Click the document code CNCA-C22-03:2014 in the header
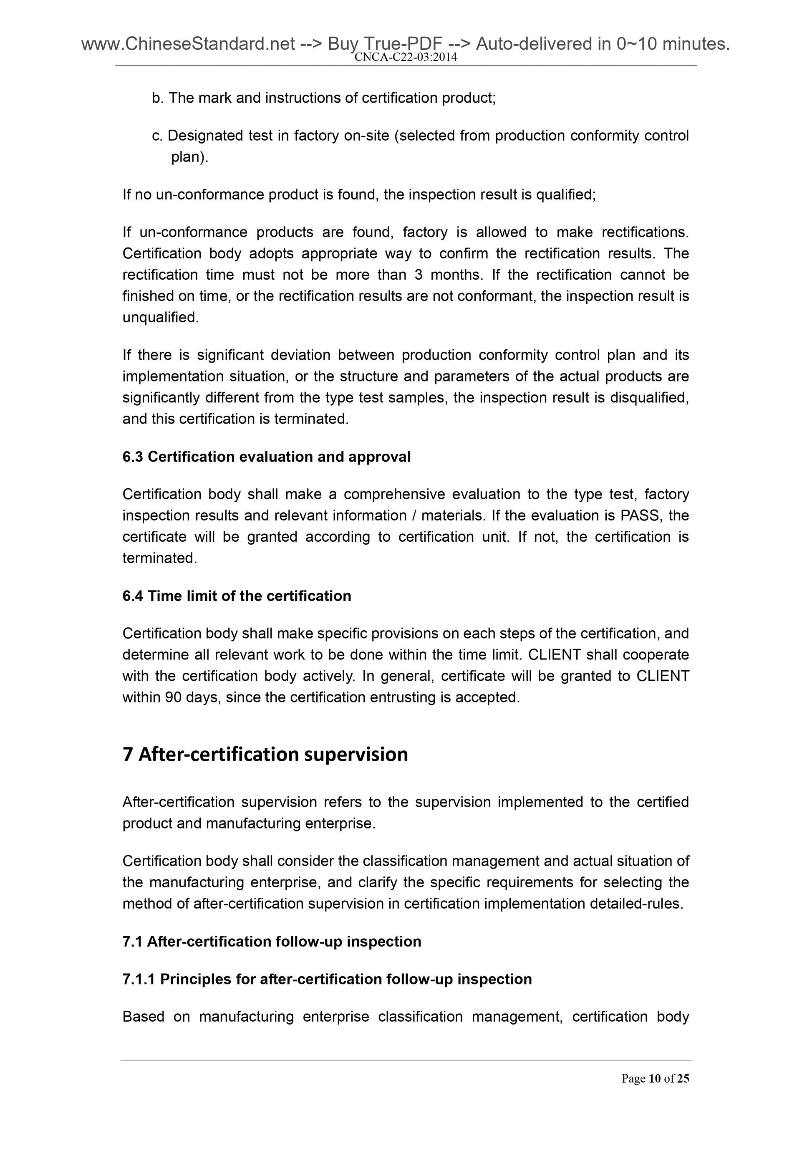tap(405, 58)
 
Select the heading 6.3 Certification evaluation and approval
tap(266, 457)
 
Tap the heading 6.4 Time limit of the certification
tap(237, 596)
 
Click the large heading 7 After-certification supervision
tap(265, 754)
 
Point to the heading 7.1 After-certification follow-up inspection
tap(272, 941)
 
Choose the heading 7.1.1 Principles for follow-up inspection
tap(327, 979)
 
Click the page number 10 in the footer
tap(654, 1078)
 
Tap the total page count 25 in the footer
tap(683, 1078)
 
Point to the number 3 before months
tap(418, 275)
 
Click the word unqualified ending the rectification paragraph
tap(160, 317)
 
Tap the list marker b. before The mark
tap(158, 98)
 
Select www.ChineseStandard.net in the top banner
tap(188, 45)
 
